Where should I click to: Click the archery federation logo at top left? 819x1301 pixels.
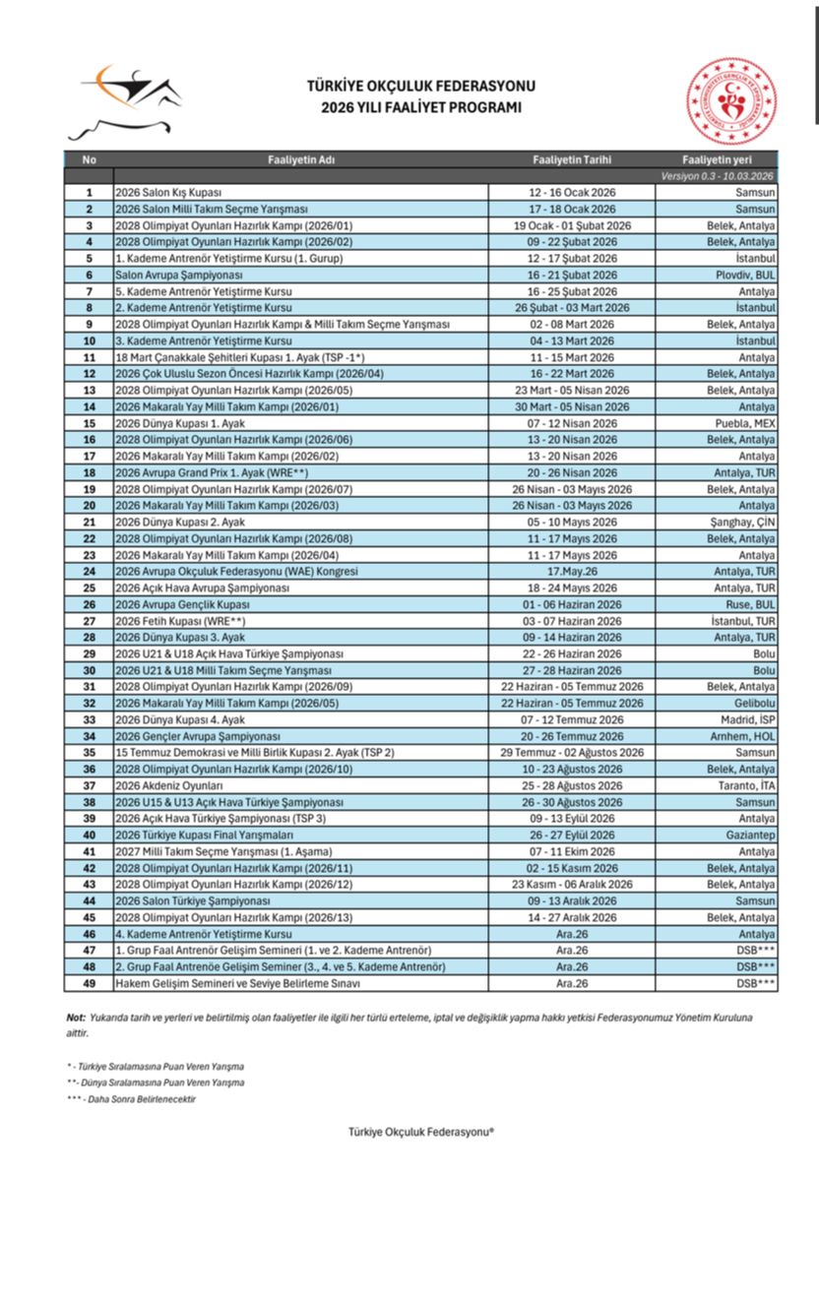point(124,100)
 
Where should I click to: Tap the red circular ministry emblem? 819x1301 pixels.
point(730,101)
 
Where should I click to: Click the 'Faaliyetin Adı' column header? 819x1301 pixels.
point(301,159)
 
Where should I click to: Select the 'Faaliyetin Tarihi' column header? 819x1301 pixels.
point(572,159)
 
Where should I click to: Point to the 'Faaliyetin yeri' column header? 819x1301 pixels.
point(716,159)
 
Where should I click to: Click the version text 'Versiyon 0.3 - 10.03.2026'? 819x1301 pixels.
point(717,175)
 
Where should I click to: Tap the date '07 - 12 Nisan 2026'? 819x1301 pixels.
point(572,423)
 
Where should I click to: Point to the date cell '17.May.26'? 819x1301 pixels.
point(572,571)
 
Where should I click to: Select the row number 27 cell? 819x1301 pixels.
point(90,621)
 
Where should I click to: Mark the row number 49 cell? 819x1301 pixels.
point(90,983)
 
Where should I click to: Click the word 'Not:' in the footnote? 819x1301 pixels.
point(76,1018)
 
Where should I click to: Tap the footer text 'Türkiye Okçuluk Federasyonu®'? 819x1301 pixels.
point(420,1132)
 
